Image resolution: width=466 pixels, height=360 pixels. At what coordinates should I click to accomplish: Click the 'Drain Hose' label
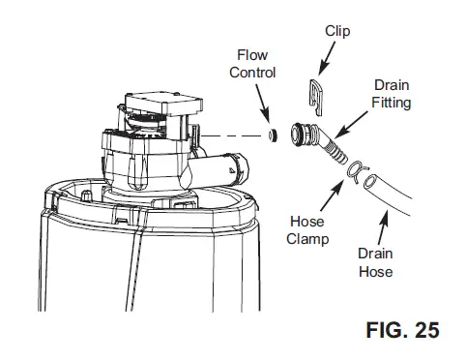pyautogui.click(x=376, y=264)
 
